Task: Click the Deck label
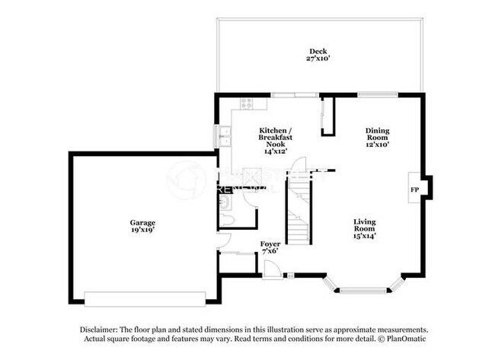pyautogui.click(x=318, y=51)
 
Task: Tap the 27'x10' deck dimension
pyautogui.click(x=318, y=59)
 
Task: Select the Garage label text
pyautogui.click(x=142, y=221)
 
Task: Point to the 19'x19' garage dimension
pyautogui.click(x=142, y=229)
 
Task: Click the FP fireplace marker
pyautogui.click(x=415, y=189)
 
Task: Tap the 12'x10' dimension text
pyautogui.click(x=377, y=144)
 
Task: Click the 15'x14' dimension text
pyautogui.click(x=364, y=235)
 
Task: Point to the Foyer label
pyautogui.click(x=270, y=244)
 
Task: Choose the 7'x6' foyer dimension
pyautogui.click(x=270, y=250)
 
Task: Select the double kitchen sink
pyautogui.click(x=224, y=137)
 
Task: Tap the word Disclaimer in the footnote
pyautogui.click(x=101, y=329)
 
